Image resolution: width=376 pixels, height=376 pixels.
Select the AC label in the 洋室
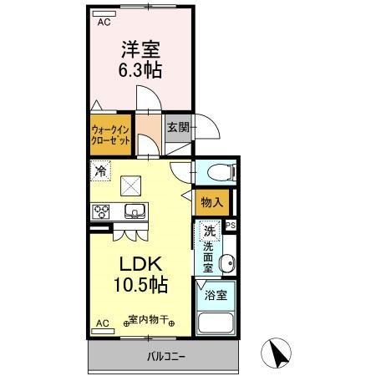[104, 23]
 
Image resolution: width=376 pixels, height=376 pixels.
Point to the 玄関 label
[177, 128]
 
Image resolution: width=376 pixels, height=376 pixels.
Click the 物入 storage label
[211, 202]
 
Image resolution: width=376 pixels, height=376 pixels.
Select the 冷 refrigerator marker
[100, 172]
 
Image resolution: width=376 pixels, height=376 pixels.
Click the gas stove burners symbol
[100, 210]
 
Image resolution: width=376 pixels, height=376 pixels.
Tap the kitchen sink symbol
[135, 210]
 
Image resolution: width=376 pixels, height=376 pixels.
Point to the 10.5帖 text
[140, 283]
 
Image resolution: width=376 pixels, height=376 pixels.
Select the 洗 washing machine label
[211, 230]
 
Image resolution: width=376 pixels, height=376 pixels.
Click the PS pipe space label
[231, 224]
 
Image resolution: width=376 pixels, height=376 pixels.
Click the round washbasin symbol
[226, 265]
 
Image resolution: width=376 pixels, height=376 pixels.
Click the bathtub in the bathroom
[216, 325]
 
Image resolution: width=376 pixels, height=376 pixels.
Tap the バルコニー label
[167, 358]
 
